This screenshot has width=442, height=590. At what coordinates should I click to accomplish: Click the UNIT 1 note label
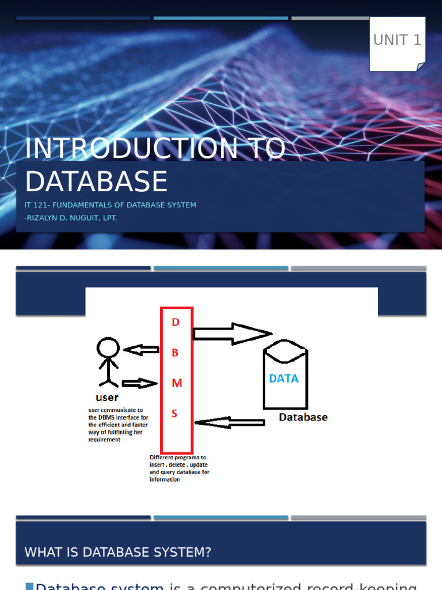click(x=397, y=40)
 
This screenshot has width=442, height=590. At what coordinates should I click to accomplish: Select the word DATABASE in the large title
click(x=96, y=181)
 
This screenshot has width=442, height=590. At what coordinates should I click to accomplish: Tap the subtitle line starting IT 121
click(x=110, y=205)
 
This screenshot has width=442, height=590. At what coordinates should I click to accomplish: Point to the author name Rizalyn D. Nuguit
click(x=71, y=218)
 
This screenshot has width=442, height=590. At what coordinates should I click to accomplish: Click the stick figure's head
click(x=108, y=348)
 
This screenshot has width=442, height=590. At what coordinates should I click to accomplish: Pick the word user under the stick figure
click(x=107, y=397)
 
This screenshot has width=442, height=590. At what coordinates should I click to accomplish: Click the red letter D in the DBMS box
click(x=176, y=323)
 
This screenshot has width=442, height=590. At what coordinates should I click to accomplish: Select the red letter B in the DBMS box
click(x=176, y=353)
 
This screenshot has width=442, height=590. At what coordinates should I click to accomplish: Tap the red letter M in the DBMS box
click(x=177, y=383)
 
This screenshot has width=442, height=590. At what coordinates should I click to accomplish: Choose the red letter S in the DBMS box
click(x=175, y=414)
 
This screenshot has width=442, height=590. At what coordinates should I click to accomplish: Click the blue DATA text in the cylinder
click(x=284, y=379)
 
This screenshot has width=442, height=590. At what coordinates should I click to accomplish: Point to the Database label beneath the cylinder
click(x=303, y=417)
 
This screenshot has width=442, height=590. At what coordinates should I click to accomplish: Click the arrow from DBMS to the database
click(x=232, y=334)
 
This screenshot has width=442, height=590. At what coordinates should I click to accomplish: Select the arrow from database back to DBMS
click(x=230, y=423)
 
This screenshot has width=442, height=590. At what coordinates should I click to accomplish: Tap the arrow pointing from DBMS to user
click(x=142, y=350)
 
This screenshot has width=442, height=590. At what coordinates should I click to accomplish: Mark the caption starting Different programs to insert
click(x=179, y=468)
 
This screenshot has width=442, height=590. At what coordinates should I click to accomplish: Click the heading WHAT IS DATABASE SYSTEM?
click(x=118, y=553)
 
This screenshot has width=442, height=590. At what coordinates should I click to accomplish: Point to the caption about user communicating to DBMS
click(x=118, y=425)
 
